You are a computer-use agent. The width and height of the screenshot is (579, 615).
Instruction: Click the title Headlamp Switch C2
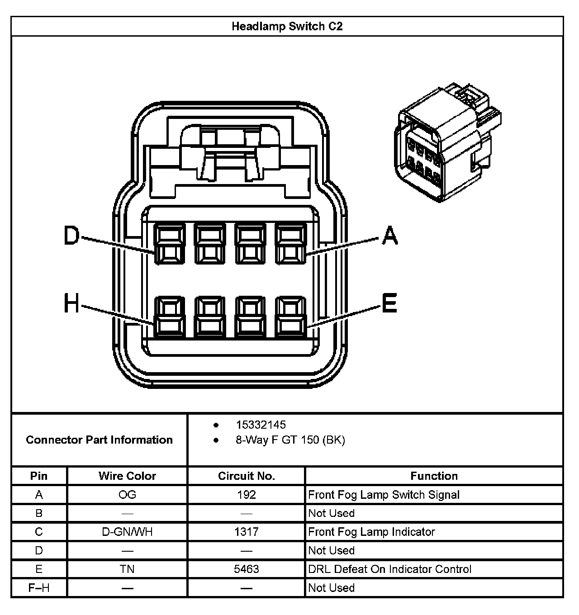(x=287, y=26)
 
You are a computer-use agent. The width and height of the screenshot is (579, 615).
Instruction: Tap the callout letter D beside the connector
(x=71, y=236)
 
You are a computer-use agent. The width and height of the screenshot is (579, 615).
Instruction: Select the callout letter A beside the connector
(x=390, y=235)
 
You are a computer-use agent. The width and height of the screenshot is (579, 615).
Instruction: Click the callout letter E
(x=389, y=303)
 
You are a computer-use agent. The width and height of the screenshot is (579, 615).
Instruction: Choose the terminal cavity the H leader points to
(x=170, y=317)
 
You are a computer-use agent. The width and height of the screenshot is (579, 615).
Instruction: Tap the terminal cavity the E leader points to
(x=291, y=317)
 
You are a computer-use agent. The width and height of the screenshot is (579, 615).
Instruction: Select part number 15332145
(x=261, y=425)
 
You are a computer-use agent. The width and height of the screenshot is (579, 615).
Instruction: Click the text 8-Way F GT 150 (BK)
(x=290, y=440)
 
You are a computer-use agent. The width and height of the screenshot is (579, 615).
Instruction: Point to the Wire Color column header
(x=127, y=476)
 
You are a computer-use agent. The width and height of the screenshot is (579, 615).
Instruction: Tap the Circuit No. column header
(x=247, y=476)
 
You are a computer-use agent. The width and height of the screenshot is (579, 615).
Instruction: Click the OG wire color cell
(x=127, y=495)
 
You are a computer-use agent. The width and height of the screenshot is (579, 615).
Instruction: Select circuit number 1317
(x=247, y=532)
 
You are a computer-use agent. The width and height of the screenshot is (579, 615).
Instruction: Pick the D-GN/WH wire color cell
(x=127, y=532)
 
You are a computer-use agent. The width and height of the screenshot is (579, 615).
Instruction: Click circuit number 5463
(x=247, y=569)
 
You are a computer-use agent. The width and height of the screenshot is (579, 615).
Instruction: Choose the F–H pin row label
(x=39, y=588)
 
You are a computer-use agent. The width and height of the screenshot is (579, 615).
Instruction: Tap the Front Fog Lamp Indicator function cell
(x=371, y=532)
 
